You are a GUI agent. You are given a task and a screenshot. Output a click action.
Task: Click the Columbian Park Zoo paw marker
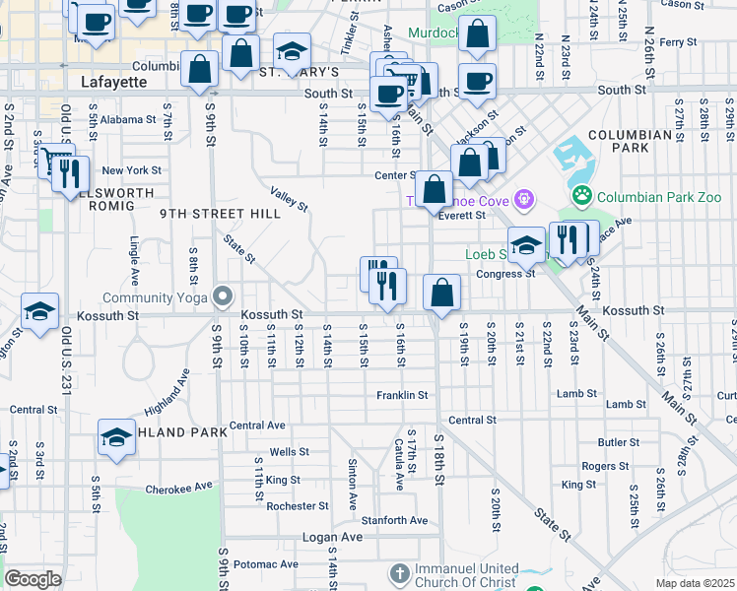tap(583, 196)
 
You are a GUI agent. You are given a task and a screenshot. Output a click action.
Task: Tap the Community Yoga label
tap(159, 297)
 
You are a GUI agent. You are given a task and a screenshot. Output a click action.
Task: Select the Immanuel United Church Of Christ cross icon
tap(399, 572)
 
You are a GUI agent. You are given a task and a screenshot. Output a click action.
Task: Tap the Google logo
tap(33, 579)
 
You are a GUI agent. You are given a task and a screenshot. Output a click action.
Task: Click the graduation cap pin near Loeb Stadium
tap(527, 245)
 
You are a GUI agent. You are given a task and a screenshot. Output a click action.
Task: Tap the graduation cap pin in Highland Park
tap(116, 437)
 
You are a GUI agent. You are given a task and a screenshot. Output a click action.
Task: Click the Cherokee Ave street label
tap(178, 487)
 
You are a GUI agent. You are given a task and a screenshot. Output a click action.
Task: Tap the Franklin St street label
tap(402, 395)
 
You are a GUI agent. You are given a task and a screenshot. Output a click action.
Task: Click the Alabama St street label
tap(128, 119)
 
